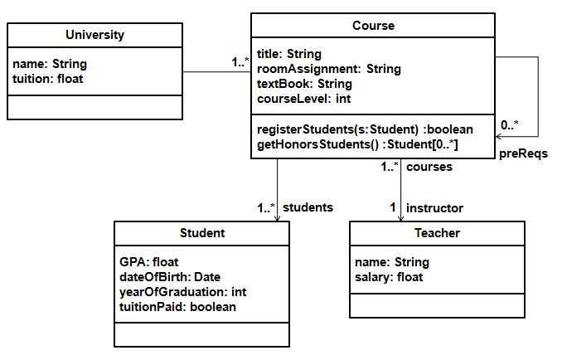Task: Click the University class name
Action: (94, 35)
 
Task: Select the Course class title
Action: (373, 26)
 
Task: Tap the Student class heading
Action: (202, 233)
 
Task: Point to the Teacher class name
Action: (437, 233)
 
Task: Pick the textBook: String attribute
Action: (304, 84)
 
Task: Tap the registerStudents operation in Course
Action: (365, 129)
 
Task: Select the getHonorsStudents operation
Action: (358, 144)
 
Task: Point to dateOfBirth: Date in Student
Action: (170, 277)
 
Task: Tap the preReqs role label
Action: (523, 153)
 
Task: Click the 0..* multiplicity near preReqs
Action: (509, 125)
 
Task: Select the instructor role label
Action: (434, 207)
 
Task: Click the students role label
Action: (308, 207)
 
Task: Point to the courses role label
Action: (429, 167)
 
